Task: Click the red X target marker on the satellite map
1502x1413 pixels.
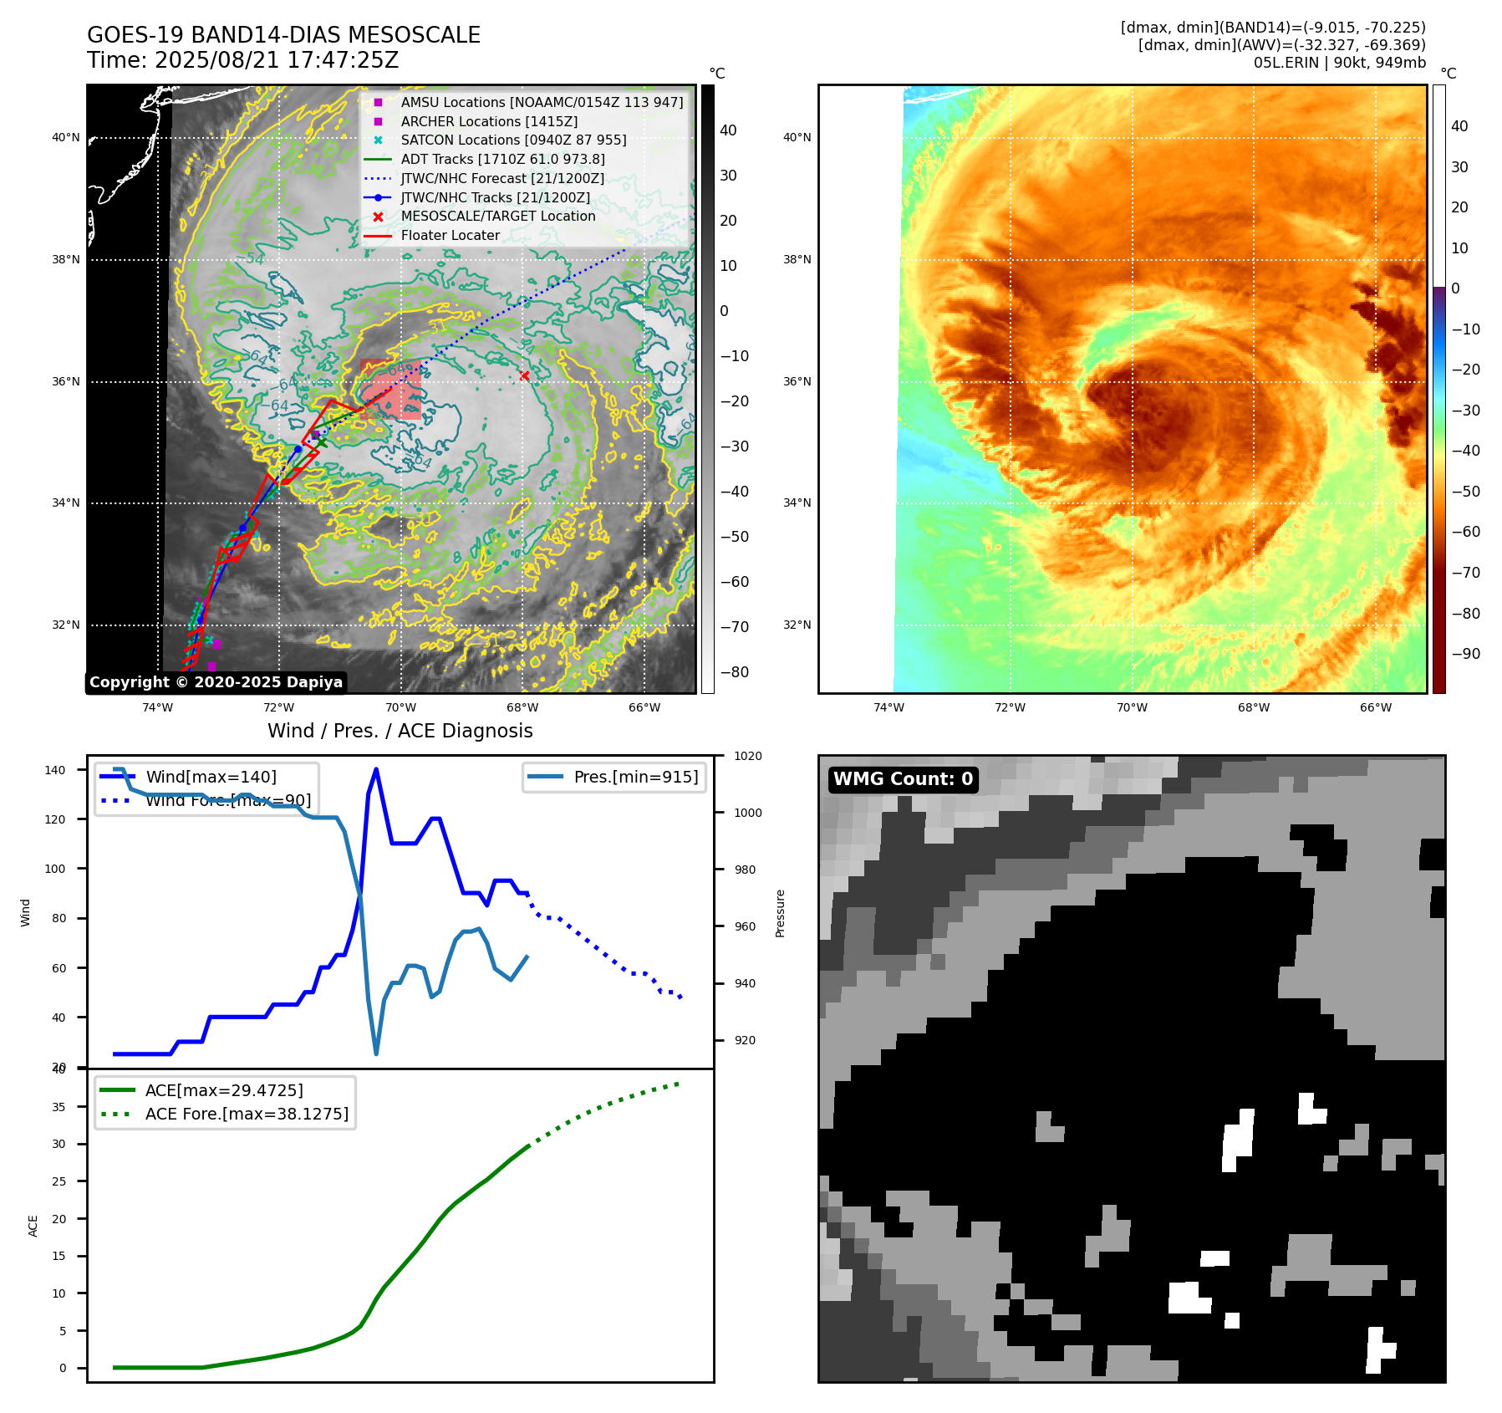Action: click(524, 376)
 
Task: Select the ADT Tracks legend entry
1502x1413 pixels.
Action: click(502, 159)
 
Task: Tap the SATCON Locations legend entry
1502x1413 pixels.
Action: click(513, 140)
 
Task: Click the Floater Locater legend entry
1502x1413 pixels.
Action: click(450, 235)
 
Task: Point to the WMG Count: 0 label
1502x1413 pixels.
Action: click(903, 779)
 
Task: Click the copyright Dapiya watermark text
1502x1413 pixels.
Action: click(216, 682)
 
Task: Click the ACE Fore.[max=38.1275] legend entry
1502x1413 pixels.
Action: click(247, 1114)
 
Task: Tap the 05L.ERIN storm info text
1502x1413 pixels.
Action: click(1339, 63)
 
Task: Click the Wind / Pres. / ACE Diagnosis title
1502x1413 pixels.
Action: click(400, 731)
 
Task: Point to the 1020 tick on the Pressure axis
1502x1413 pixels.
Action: click(747, 756)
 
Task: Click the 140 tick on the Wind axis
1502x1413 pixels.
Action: click(55, 770)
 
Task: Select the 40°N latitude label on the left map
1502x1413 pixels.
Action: click(66, 138)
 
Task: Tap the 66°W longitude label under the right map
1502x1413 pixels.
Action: click(1375, 707)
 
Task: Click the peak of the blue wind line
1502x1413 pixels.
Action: click(376, 769)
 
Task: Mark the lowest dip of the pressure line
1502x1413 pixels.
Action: click(376, 1053)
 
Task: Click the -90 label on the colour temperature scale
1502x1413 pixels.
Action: click(1465, 654)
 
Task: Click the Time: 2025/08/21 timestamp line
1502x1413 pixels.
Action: click(242, 60)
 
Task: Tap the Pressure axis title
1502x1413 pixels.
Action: click(780, 912)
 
